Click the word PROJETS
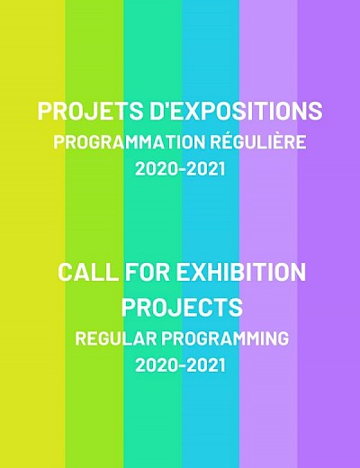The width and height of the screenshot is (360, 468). click(x=91, y=111)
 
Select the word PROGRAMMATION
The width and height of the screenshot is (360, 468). click(x=129, y=142)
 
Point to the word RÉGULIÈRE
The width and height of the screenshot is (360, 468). click(x=258, y=141)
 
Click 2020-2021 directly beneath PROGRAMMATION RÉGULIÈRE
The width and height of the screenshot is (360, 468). click(x=180, y=168)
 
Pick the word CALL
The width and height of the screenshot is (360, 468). click(x=87, y=272)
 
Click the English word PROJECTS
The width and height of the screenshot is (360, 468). click(x=182, y=307)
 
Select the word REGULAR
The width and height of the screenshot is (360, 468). click(x=116, y=338)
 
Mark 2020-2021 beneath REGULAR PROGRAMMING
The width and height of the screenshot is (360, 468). click(x=180, y=365)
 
